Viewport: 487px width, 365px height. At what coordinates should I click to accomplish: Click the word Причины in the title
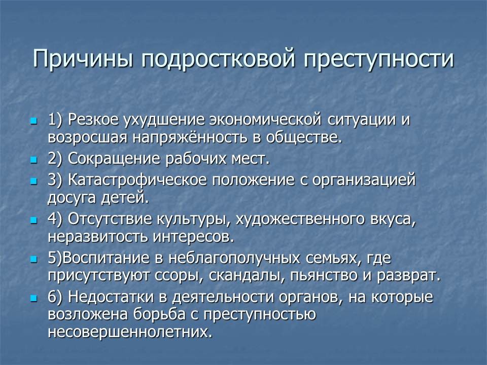click(83, 58)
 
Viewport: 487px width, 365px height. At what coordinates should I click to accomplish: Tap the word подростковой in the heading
click(218, 58)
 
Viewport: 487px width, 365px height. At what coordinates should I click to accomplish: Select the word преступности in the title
click(379, 58)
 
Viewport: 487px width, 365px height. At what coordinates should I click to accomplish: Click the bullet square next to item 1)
click(33, 120)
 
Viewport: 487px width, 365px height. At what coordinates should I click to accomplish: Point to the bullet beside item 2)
click(33, 160)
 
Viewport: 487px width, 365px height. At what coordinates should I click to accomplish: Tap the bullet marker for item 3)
click(33, 181)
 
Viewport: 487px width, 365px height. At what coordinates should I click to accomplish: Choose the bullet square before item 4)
click(33, 220)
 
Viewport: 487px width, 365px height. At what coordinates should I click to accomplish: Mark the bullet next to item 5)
click(33, 259)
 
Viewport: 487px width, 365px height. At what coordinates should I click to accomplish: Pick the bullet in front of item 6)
click(33, 298)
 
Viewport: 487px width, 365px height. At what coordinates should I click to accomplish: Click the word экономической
click(265, 120)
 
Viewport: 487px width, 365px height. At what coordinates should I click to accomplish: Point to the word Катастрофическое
click(137, 180)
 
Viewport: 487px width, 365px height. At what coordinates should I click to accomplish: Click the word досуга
click(72, 198)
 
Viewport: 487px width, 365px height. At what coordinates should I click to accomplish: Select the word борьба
click(159, 314)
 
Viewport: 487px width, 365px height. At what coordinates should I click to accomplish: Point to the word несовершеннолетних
click(130, 332)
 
